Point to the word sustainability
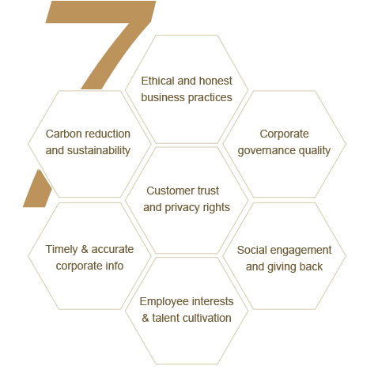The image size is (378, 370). (99, 151)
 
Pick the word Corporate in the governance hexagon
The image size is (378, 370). (284, 134)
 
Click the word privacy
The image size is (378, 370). (179, 208)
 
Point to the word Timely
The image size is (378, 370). (62, 250)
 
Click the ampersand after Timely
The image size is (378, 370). (85, 249)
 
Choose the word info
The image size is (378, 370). (115, 266)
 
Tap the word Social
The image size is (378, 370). (252, 251)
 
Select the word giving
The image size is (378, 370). (281, 267)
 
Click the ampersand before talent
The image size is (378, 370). (146, 318)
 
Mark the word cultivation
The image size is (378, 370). (206, 318)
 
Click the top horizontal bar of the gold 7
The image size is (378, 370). (100, 12)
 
